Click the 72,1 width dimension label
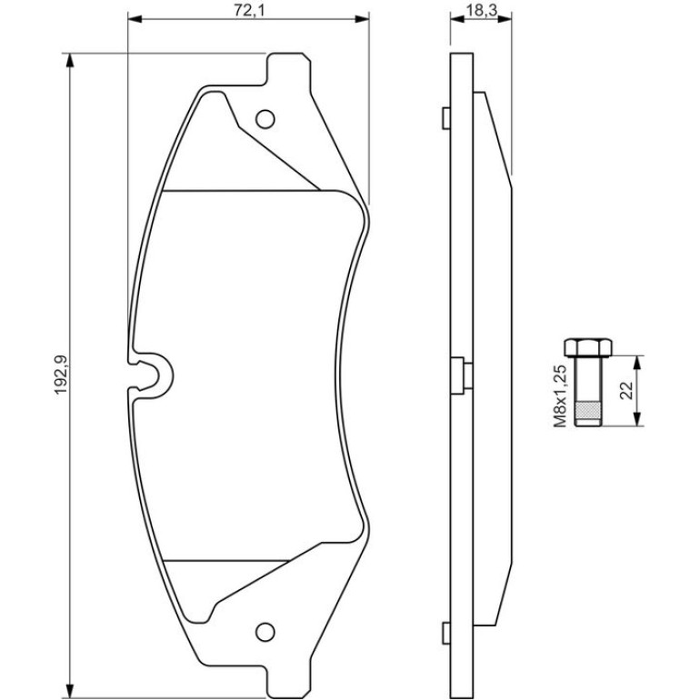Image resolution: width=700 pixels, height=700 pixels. click(249, 10)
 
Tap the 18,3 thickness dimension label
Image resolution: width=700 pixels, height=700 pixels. click(481, 10)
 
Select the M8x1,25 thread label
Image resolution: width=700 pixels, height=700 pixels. click(560, 395)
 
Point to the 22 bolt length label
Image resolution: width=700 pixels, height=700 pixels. click(626, 390)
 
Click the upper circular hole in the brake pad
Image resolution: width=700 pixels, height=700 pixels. click(265, 119)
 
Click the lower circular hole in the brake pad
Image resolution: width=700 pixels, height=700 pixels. click(265, 632)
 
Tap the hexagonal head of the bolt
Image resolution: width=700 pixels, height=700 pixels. click(588, 348)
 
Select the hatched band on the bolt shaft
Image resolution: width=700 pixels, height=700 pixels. click(588, 410)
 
